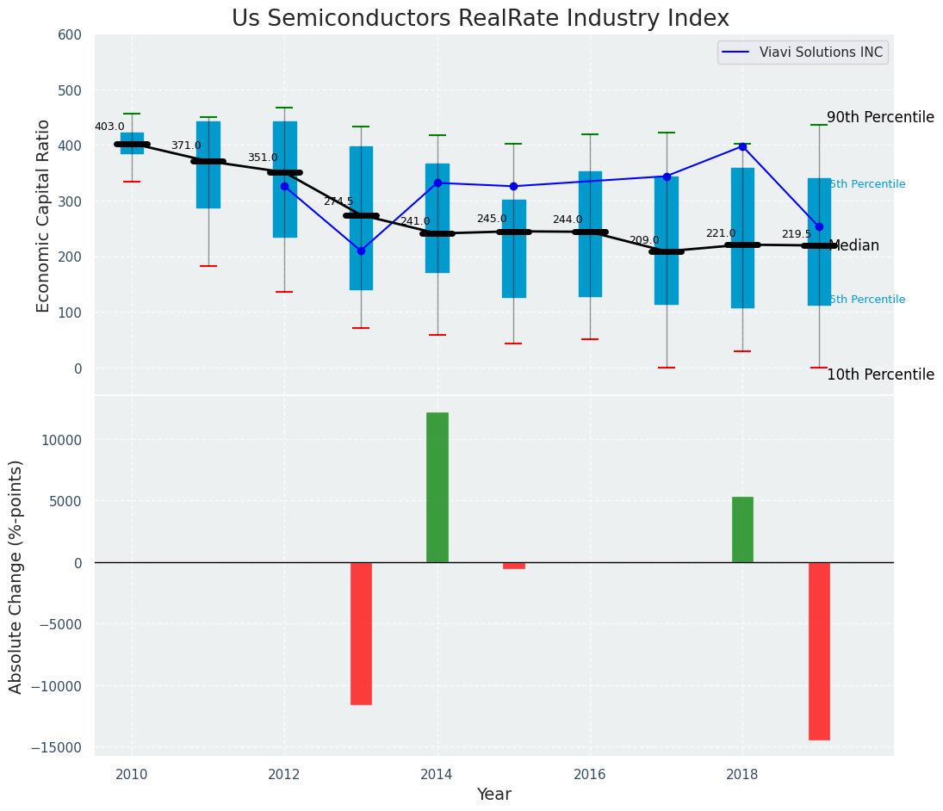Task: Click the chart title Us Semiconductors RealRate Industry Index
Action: pos(480,19)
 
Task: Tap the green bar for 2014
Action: pos(437,487)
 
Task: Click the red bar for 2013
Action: pos(361,633)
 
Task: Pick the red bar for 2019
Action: pos(819,651)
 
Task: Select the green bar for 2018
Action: pos(742,529)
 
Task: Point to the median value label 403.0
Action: pos(109,127)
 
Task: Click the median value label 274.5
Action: pos(338,202)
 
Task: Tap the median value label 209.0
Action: pos(644,241)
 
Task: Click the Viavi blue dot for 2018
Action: pos(742,146)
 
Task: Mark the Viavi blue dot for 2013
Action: pos(361,251)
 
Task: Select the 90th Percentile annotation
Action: pos(880,118)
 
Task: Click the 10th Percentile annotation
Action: pos(880,375)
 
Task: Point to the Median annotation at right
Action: pos(853,246)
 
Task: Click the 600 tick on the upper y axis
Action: pos(70,35)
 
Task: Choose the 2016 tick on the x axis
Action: pos(590,775)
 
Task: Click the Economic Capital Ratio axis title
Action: pos(44,215)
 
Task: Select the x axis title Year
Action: pos(493,795)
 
